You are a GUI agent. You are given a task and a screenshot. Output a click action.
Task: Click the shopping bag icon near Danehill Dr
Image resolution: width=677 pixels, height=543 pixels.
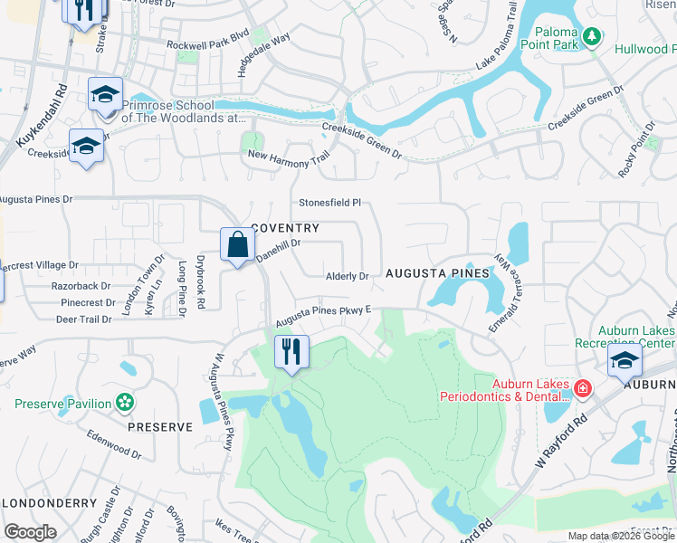[x=237, y=245]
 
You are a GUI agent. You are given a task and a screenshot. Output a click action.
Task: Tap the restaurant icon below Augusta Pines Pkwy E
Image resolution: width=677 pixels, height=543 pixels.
[x=291, y=351]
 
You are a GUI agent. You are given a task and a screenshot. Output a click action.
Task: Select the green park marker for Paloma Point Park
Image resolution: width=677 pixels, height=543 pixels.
[x=592, y=37]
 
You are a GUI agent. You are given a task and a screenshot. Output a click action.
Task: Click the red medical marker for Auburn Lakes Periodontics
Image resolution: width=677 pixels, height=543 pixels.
[x=582, y=389]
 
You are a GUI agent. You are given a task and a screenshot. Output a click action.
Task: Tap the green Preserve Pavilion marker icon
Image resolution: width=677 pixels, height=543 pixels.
[x=126, y=403]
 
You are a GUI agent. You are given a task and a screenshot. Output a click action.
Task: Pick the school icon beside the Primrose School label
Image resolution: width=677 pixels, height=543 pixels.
[x=105, y=94]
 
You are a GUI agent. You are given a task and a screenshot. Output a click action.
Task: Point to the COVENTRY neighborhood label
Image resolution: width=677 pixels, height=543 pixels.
[x=285, y=228]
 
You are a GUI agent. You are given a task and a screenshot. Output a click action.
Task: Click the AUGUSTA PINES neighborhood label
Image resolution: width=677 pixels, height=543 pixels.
[x=437, y=272]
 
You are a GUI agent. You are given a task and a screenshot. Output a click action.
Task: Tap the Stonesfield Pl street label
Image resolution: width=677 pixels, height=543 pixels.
[x=330, y=203]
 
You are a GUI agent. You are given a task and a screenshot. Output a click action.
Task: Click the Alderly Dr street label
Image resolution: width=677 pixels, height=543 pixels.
[x=348, y=276]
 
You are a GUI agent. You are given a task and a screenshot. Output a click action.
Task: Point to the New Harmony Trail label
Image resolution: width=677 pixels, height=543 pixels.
[x=289, y=158]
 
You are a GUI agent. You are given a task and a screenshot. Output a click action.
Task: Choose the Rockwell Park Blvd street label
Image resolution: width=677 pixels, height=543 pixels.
[x=206, y=43]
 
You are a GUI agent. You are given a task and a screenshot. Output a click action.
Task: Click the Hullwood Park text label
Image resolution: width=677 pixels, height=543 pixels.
[x=645, y=48]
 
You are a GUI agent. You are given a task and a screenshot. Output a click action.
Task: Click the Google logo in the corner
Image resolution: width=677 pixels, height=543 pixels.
[x=30, y=531]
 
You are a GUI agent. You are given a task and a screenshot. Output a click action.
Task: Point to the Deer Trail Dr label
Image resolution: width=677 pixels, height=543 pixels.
[x=83, y=319]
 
